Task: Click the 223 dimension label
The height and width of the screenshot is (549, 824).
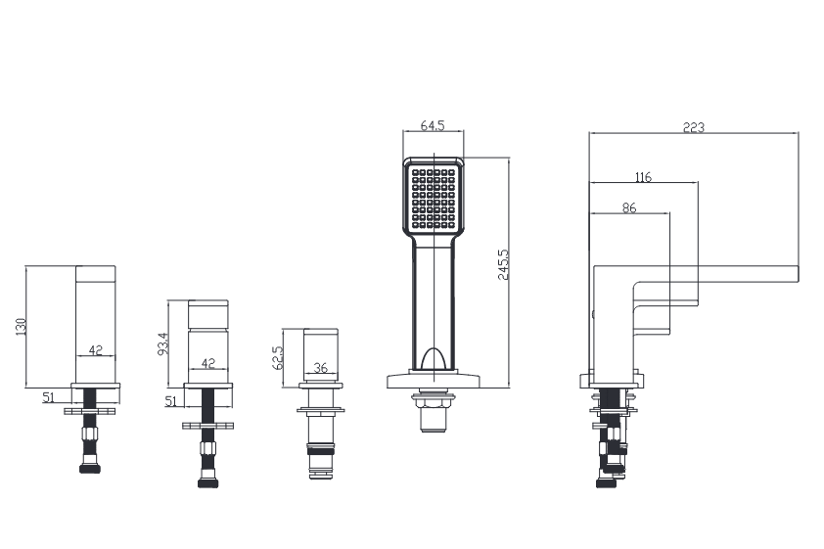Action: (693, 127)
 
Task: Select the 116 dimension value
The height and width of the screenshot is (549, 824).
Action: (643, 177)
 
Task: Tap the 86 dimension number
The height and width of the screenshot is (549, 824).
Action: (629, 208)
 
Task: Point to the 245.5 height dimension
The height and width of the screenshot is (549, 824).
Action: (503, 265)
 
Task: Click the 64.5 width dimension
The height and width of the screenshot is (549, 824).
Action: (433, 125)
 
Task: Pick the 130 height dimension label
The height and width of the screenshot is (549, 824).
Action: (21, 326)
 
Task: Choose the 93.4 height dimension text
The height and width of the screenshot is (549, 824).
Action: (163, 343)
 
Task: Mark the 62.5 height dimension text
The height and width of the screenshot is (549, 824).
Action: (278, 357)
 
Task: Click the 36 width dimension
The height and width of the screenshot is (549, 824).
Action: (321, 368)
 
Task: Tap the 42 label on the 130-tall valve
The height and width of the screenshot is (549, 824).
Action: (96, 350)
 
